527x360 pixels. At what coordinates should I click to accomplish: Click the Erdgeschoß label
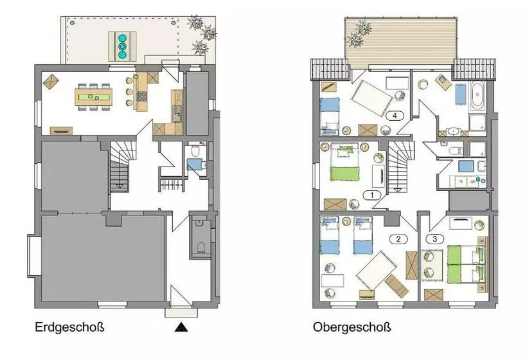pyautogui.click(x=69, y=327)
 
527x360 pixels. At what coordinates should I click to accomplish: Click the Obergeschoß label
pyautogui.click(x=352, y=327)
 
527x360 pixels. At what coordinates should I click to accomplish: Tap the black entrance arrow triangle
pyautogui.click(x=181, y=327)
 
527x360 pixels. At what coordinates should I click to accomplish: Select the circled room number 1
pyautogui.click(x=372, y=195)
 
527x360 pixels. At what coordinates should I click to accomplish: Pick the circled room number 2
pyautogui.click(x=398, y=239)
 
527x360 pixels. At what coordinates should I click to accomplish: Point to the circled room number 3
pyautogui.click(x=435, y=239)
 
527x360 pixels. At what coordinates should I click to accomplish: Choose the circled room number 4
pyautogui.click(x=395, y=116)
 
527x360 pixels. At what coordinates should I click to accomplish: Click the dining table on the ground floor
pyautogui.click(x=94, y=97)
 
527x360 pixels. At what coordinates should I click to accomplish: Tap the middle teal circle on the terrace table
pyautogui.click(x=122, y=46)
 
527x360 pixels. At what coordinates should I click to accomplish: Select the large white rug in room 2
pyautogui.click(x=377, y=270)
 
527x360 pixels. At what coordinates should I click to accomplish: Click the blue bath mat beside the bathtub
pyautogui.click(x=461, y=94)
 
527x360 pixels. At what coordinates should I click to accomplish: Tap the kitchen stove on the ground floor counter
pyautogui.click(x=143, y=96)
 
